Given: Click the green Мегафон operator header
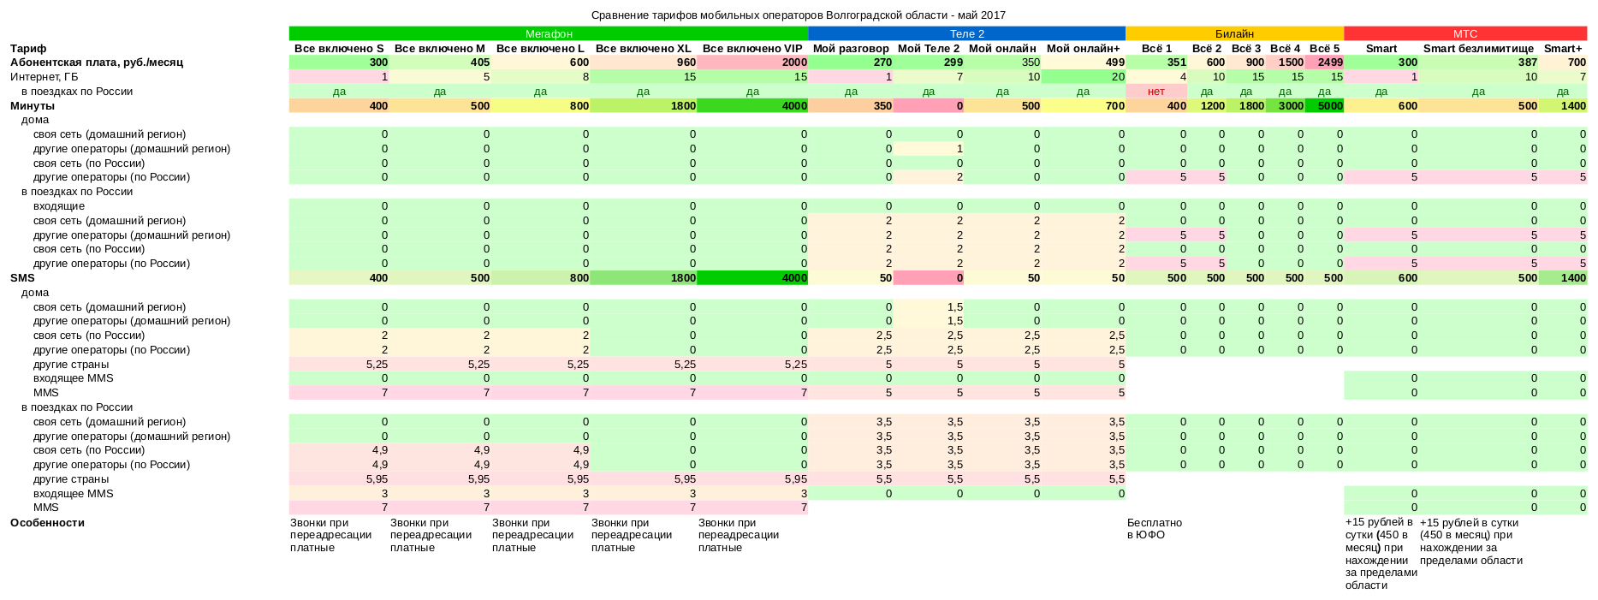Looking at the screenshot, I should point(549,33).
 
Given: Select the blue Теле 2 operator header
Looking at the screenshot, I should point(966,33).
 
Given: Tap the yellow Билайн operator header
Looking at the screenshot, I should point(1233,33).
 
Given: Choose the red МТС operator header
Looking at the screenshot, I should point(1464,33).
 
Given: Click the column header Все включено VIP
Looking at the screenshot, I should point(751,49).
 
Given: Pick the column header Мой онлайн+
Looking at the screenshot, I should point(1083,49).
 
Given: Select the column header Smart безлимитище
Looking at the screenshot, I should point(1478,49).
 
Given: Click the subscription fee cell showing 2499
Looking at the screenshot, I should point(1325,62).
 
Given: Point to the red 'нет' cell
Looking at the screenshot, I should point(1155,92).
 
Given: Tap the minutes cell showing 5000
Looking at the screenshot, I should point(1325,106).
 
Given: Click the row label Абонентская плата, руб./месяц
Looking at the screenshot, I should point(97,62).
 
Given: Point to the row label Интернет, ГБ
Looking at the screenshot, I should point(45,77).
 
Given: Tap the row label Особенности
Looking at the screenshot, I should point(47,523).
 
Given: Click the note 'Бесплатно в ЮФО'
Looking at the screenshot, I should point(1154,529).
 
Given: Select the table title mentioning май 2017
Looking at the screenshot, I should point(798,15).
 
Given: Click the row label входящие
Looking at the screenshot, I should point(59,206).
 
